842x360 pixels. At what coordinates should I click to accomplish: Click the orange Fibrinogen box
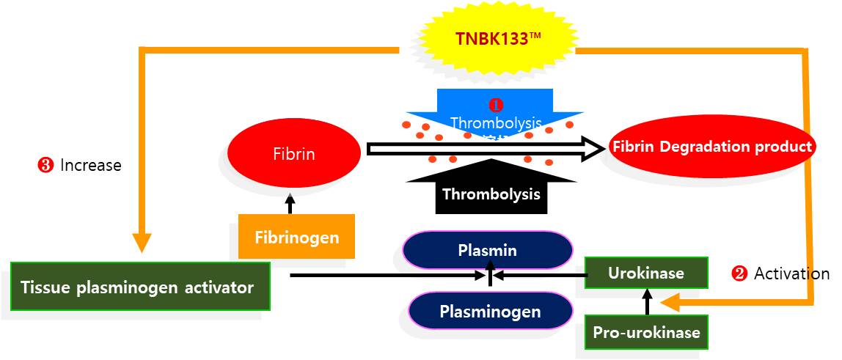[x=296, y=237]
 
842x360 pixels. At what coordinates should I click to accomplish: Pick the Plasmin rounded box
[x=487, y=251]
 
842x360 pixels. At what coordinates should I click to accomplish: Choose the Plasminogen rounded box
[x=490, y=312]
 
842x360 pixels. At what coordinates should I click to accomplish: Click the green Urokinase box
[x=645, y=273]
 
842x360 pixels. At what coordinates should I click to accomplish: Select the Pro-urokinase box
[x=646, y=333]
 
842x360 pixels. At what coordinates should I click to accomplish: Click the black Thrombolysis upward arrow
[x=491, y=188]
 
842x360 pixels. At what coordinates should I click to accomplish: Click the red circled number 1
[x=497, y=104]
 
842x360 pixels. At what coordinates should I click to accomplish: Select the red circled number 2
[x=739, y=274]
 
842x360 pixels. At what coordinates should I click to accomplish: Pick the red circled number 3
[x=45, y=166]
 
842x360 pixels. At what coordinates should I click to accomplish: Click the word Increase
[x=91, y=166]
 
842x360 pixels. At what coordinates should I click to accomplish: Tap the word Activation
[x=792, y=274]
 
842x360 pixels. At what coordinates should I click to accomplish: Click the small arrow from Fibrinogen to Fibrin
[x=290, y=203]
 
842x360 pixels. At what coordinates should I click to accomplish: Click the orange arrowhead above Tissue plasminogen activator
[x=142, y=243]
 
